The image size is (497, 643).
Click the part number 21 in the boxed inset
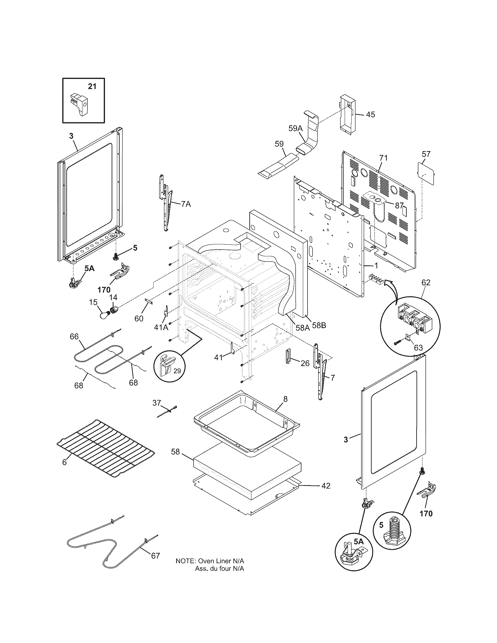click(92, 86)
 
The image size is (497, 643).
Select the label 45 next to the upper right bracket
click(370, 115)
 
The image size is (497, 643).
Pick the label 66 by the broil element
click(74, 336)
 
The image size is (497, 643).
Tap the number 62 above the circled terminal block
click(426, 282)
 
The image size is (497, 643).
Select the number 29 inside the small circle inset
click(177, 371)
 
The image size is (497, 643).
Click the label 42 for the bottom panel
click(325, 485)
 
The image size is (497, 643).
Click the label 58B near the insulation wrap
click(319, 326)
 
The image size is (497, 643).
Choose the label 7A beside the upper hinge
click(186, 204)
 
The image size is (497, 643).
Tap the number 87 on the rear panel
click(399, 206)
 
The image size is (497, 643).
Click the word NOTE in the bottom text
click(185, 561)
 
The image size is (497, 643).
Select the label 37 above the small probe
click(157, 402)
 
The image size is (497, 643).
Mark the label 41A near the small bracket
click(161, 327)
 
